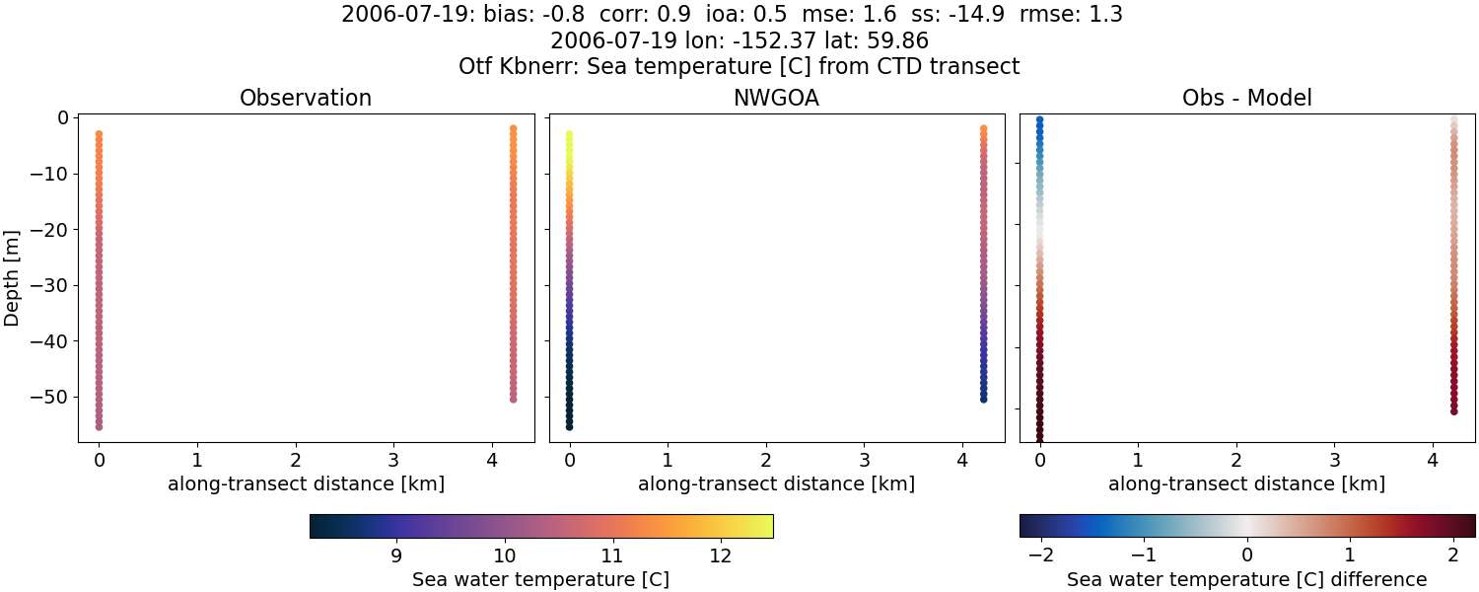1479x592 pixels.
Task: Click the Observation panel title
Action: pos(306,99)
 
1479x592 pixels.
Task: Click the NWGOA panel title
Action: pos(776,99)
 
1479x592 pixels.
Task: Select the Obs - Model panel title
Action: pos(1246,99)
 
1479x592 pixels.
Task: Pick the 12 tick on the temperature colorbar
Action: pos(720,555)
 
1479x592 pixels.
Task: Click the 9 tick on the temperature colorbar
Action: pos(396,555)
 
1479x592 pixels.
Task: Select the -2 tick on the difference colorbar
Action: pos(1041,555)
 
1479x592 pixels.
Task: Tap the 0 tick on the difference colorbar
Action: pos(1247,555)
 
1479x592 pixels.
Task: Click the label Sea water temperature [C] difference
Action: pos(1246,579)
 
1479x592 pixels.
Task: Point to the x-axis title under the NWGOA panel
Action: pos(776,484)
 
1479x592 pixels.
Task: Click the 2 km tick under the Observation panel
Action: pos(296,460)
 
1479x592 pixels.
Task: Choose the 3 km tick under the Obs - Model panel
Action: pos(1334,460)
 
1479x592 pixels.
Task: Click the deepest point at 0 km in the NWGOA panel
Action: pos(569,426)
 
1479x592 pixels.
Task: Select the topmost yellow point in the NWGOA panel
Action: pos(569,134)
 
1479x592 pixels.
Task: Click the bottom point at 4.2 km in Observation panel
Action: pos(514,399)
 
